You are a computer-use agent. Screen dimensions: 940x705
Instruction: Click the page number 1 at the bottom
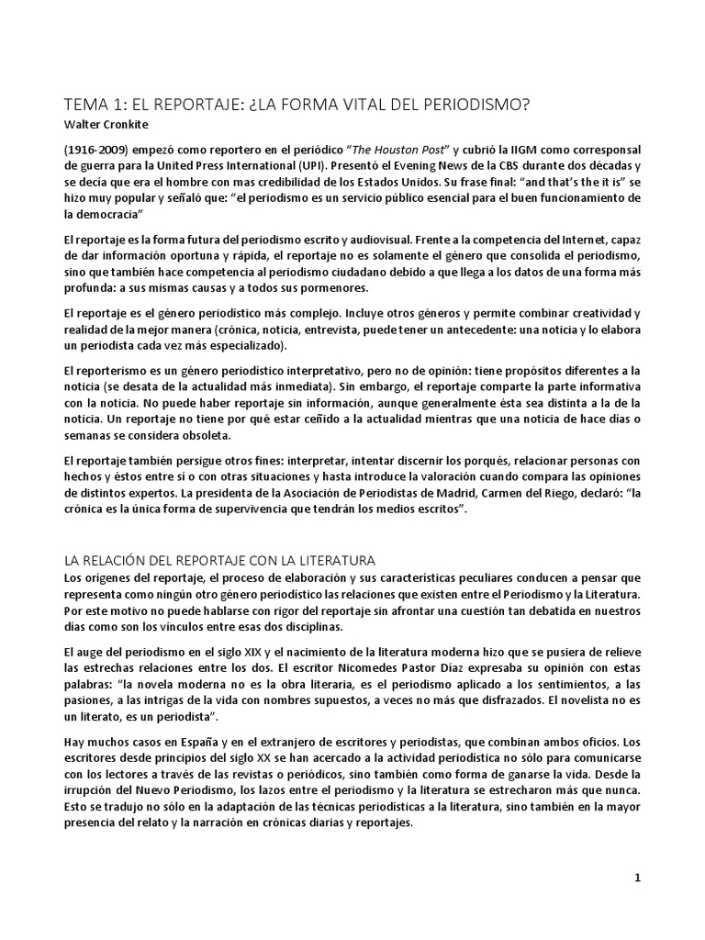[637, 878]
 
